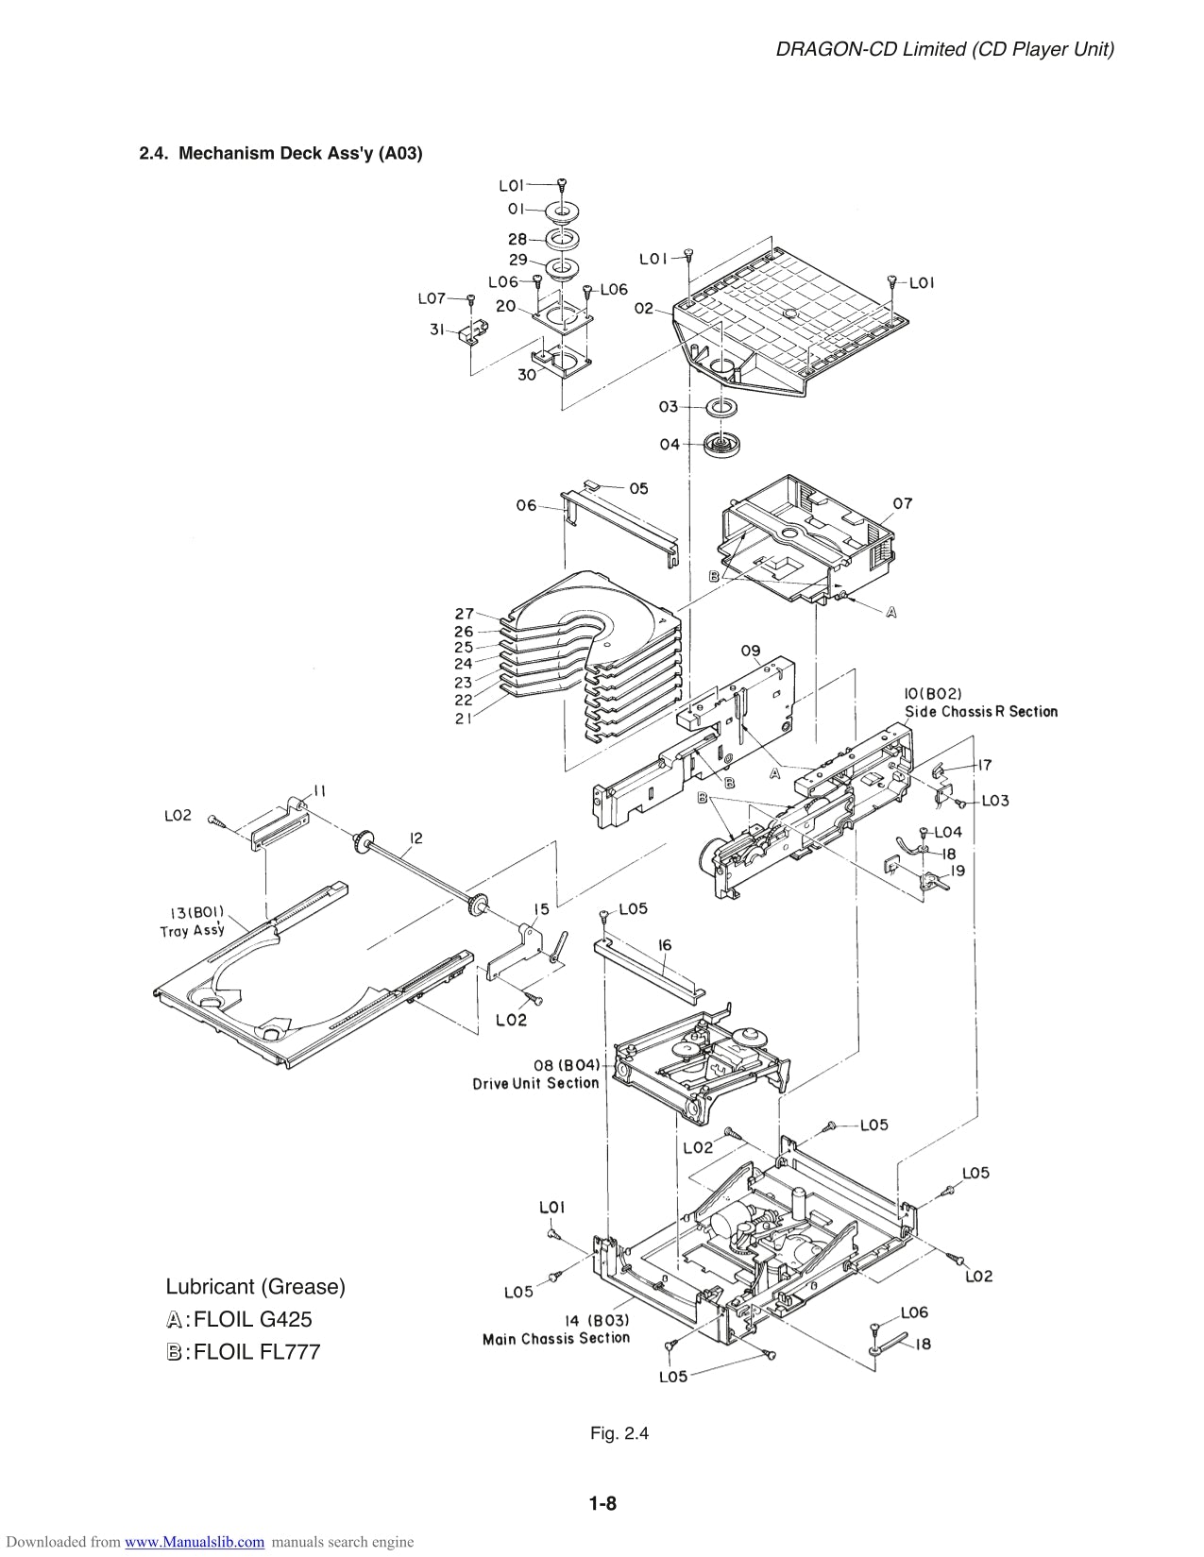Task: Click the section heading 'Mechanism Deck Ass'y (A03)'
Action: pos(280,153)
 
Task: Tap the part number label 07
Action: pos(903,503)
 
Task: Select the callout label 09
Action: pos(751,651)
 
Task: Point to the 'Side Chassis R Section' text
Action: pos(981,712)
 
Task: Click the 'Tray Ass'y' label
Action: pos(193,930)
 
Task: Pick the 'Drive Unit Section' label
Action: pos(535,1083)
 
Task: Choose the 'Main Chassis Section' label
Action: pos(555,1338)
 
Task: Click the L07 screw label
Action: pos(432,298)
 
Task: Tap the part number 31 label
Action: pos(437,330)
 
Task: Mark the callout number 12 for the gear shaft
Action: pos(416,838)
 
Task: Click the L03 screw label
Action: pos(995,801)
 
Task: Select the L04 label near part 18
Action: pos(948,832)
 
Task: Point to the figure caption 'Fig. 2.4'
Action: pos(619,1433)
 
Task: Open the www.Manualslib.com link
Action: pos(195,1542)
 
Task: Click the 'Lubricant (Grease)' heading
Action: pos(256,1286)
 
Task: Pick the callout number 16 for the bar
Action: pos(665,944)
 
